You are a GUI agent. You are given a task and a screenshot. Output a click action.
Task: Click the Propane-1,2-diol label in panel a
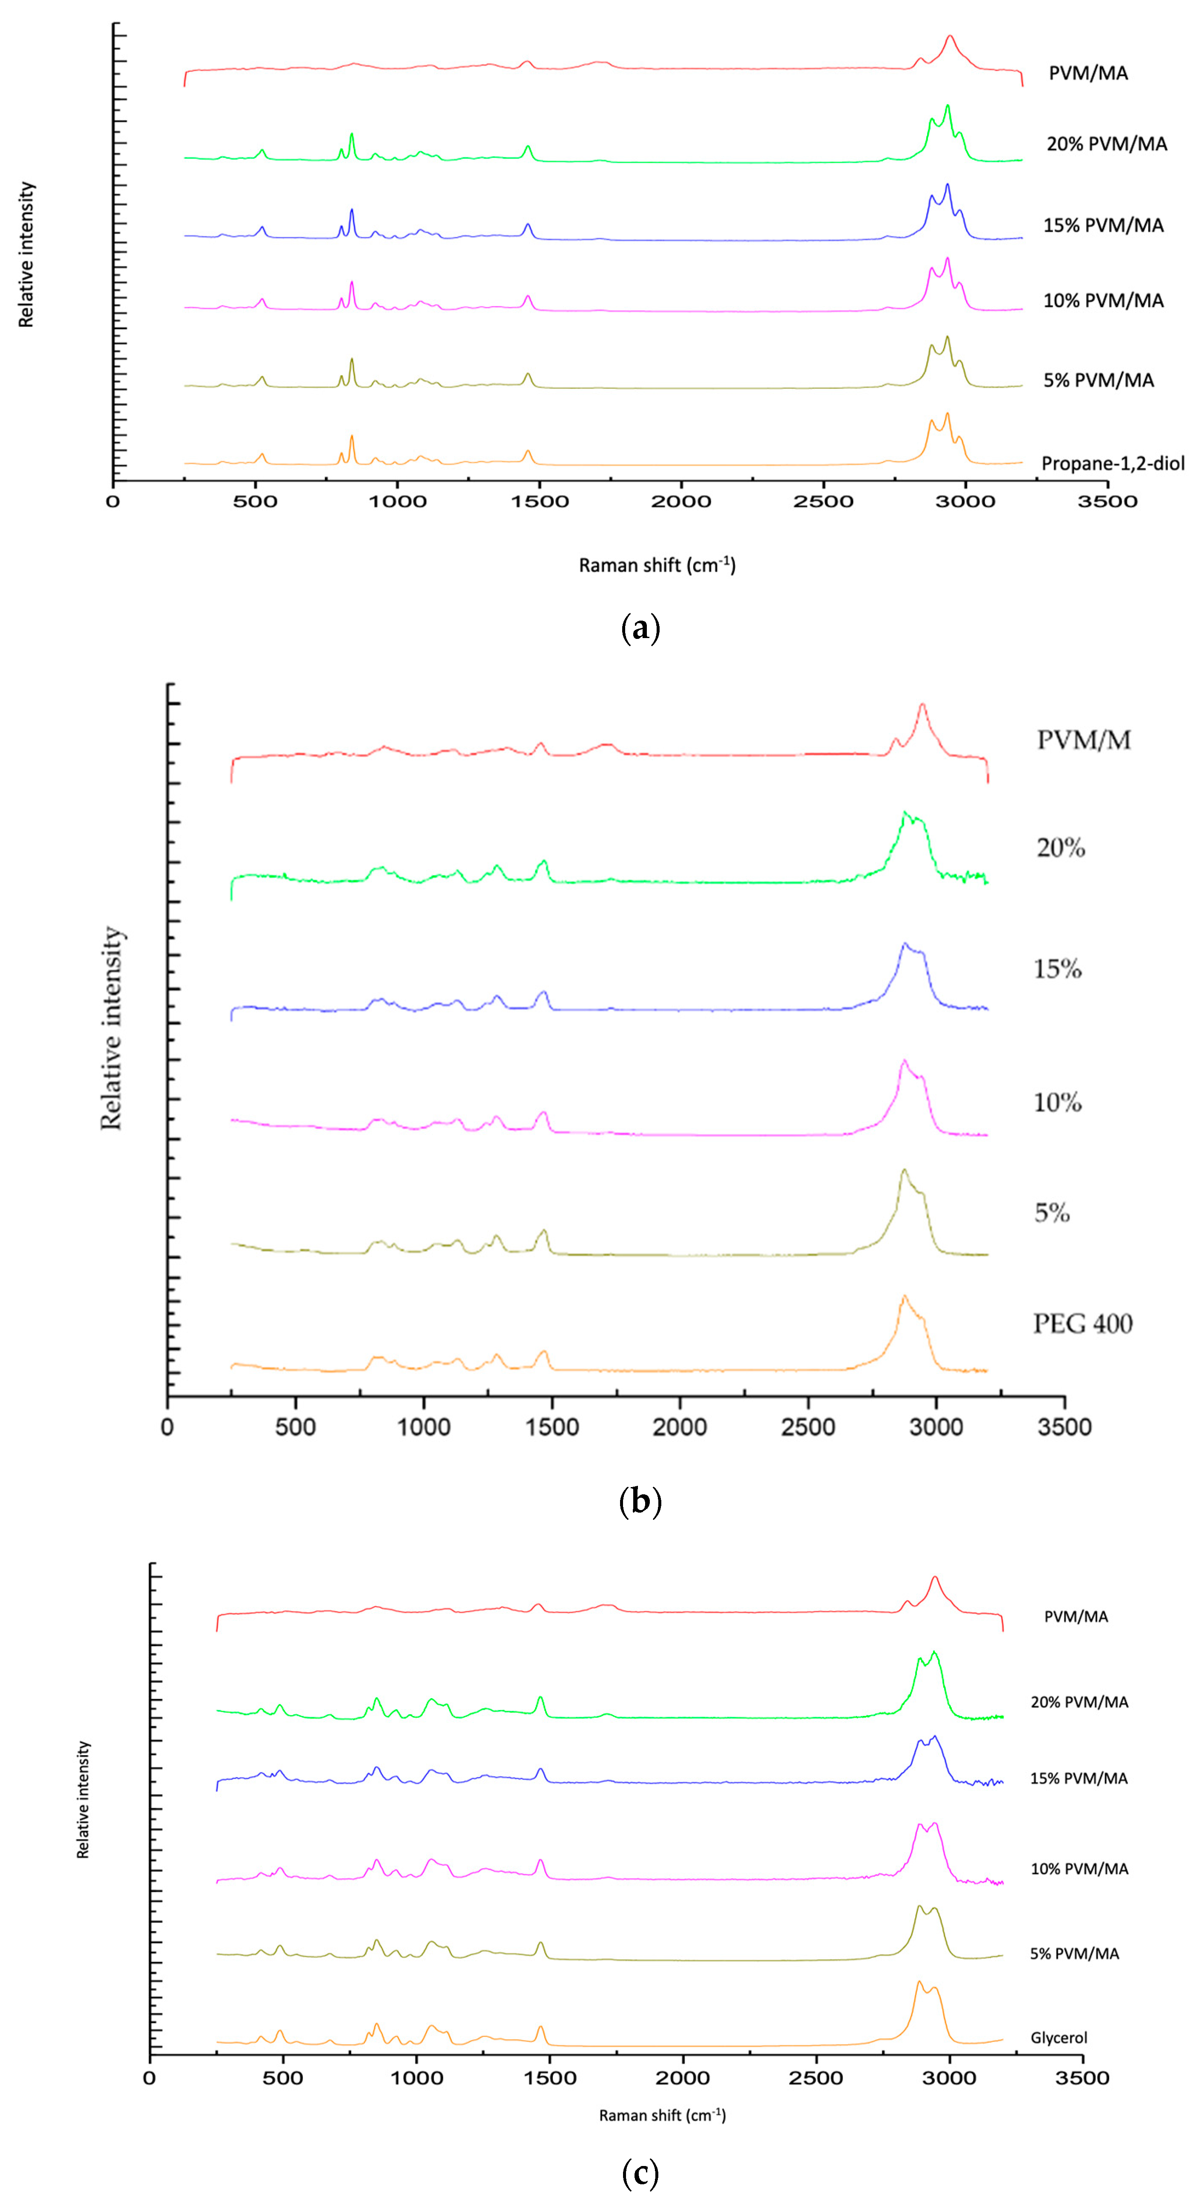click(1113, 464)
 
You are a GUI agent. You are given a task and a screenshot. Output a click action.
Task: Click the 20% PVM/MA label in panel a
click(1107, 144)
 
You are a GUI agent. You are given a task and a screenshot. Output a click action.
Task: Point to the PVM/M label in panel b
click(1084, 740)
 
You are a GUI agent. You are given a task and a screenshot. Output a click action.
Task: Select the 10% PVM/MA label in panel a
click(1103, 300)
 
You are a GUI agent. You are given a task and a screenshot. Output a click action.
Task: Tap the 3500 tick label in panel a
click(1107, 501)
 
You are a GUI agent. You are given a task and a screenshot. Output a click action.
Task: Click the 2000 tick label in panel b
click(680, 1427)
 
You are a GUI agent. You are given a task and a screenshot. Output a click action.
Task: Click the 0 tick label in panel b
click(168, 1427)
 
